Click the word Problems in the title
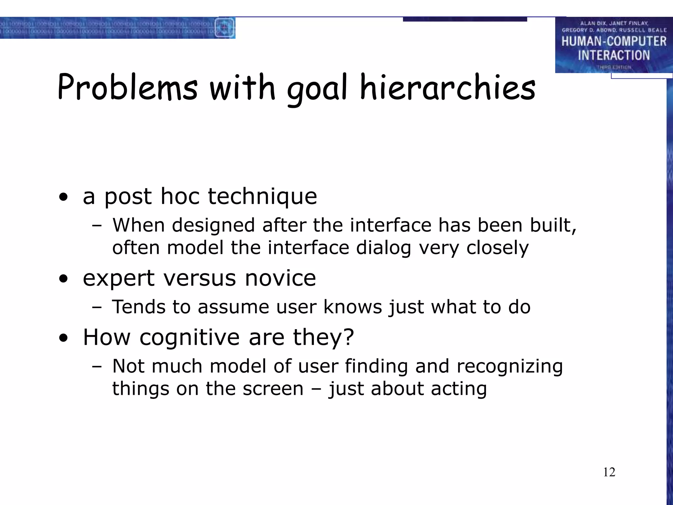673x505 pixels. click(x=128, y=87)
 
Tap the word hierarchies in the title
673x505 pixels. click(x=448, y=87)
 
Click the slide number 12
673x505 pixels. click(x=609, y=472)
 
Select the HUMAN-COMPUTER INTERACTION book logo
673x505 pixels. click(x=614, y=45)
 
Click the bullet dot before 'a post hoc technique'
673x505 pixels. click(x=63, y=197)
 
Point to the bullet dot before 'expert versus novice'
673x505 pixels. click(x=63, y=279)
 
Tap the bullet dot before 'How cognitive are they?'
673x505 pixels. click(x=63, y=338)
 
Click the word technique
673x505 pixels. click(x=262, y=197)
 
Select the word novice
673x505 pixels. click(x=280, y=278)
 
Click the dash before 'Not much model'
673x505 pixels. click(x=97, y=367)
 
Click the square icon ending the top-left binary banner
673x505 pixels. click(x=224, y=28)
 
